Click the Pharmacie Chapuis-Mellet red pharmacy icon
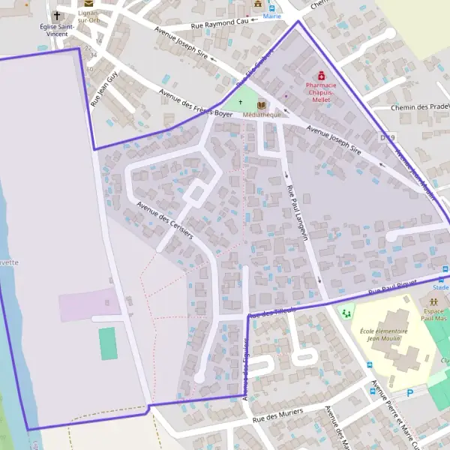point(322,76)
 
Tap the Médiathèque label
point(262,115)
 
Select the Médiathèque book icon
point(261,105)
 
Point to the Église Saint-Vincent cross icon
point(57,15)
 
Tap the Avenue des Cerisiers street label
point(164,220)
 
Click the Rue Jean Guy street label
point(104,88)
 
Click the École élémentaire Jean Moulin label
point(383,334)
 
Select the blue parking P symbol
point(409,391)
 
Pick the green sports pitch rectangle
point(107,343)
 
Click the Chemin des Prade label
point(419,107)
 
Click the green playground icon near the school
point(346,312)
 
